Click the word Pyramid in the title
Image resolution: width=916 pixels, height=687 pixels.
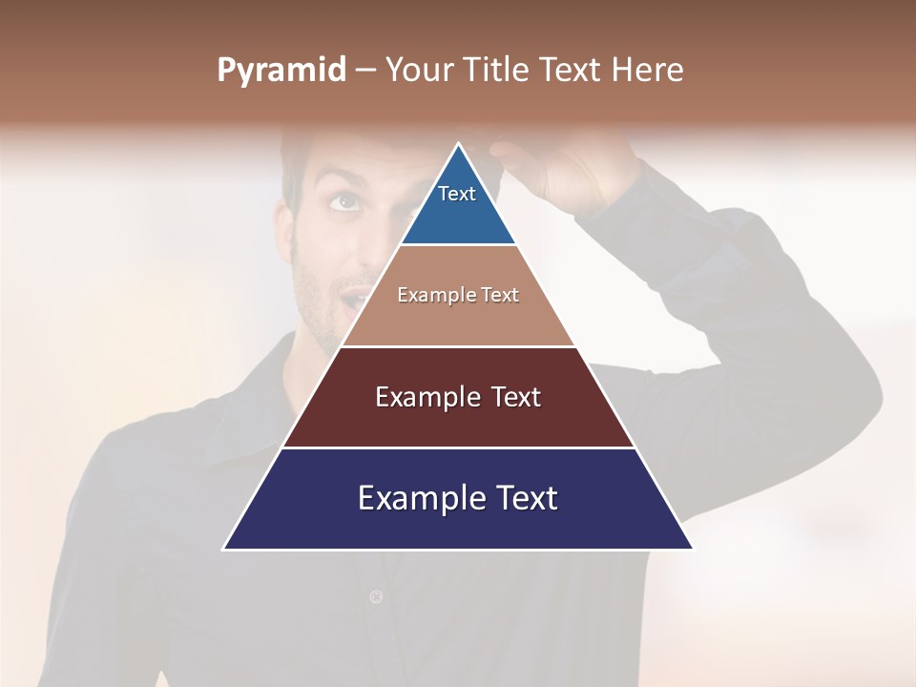click(281, 71)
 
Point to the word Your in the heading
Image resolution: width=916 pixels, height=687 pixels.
click(420, 71)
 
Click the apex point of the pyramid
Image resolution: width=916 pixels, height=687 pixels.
click(458, 144)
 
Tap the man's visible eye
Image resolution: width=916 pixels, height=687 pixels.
click(343, 201)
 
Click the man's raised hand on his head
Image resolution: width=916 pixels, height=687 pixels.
click(563, 172)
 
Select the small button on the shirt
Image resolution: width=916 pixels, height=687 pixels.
click(376, 597)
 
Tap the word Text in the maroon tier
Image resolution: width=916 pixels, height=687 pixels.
click(516, 397)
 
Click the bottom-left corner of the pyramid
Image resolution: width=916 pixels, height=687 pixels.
click(224, 549)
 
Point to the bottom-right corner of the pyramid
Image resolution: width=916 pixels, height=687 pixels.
click(692, 549)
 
